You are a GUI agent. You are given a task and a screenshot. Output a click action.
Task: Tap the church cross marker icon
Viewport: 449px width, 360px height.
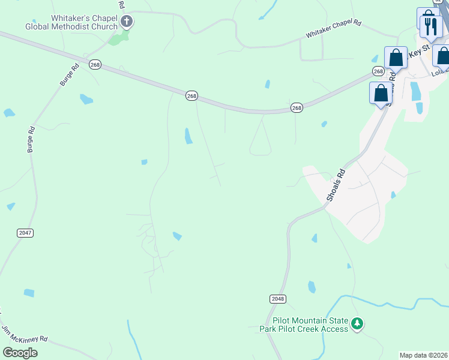pos(126,22)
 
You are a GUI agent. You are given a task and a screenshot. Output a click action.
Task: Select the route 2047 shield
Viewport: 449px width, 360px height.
pos(25,232)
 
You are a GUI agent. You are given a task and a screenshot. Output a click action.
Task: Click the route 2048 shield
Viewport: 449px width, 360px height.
pos(278,298)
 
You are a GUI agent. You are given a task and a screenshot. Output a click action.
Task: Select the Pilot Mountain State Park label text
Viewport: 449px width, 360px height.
pos(303,325)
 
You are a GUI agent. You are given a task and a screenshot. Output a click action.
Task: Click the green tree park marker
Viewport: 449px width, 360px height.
pos(358,324)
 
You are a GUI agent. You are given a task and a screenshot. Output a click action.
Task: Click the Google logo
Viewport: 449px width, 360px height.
pos(20,352)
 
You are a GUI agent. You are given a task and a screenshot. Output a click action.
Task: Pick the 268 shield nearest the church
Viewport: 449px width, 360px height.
pos(95,64)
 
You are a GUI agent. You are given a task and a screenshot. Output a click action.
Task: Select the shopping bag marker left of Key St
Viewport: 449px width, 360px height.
pos(396,58)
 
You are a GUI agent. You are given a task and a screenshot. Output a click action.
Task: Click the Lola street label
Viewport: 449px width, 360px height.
pos(439,73)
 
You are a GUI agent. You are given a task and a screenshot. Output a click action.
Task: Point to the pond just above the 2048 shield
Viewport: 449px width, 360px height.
pos(312,287)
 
